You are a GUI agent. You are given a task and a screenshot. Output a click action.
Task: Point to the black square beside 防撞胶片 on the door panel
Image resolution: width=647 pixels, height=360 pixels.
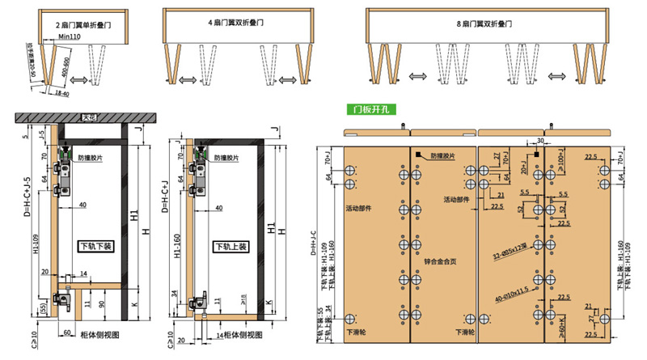tap(420, 155)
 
